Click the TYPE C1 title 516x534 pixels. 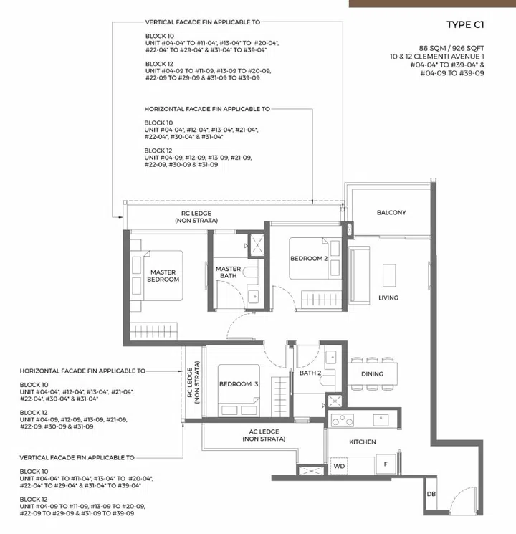click(465, 25)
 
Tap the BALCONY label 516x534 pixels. click(391, 212)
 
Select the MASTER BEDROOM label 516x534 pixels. click(163, 275)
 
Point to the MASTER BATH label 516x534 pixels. click(228, 272)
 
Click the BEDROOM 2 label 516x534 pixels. click(309, 258)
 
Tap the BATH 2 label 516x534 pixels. click(310, 373)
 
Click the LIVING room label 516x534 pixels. click(388, 297)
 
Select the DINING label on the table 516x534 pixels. click(372, 373)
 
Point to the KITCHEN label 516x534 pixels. click(362, 442)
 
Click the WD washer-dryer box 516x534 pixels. click(339, 466)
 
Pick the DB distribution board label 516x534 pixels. click(430, 495)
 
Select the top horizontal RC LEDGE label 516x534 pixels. click(196, 217)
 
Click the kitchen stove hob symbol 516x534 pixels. click(342, 421)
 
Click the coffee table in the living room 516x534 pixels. click(389, 275)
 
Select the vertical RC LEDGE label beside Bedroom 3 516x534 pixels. click(192, 385)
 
